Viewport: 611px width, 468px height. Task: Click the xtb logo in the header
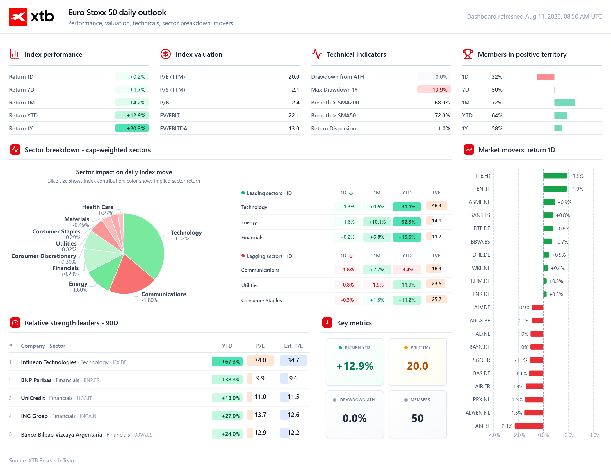pos(31,17)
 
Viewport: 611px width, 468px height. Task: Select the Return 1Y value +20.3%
pos(132,128)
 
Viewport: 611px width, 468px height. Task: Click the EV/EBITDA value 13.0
pos(294,128)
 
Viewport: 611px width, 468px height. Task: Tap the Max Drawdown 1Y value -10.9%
pos(434,90)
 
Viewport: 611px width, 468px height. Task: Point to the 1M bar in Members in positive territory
pos(565,103)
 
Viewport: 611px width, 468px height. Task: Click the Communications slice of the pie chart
pos(132,275)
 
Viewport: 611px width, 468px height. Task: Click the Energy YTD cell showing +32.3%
pos(407,222)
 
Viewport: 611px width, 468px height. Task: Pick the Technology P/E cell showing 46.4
pos(437,206)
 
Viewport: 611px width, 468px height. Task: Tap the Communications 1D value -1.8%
pos(347,270)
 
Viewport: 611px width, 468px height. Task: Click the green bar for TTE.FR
pos(555,176)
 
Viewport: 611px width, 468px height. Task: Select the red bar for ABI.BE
pos(529,426)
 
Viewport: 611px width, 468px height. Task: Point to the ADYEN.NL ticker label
pos(478,413)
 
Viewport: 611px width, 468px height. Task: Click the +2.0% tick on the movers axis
pos(568,435)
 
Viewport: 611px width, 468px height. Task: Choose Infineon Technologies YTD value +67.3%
pos(227,362)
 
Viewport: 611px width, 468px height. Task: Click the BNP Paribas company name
pos(36,380)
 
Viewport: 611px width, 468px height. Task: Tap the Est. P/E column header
pos(293,346)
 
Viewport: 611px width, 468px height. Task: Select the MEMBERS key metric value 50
pos(418,418)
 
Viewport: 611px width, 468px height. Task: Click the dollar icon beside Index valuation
pos(166,54)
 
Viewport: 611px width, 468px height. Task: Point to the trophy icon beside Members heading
pos(468,54)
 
